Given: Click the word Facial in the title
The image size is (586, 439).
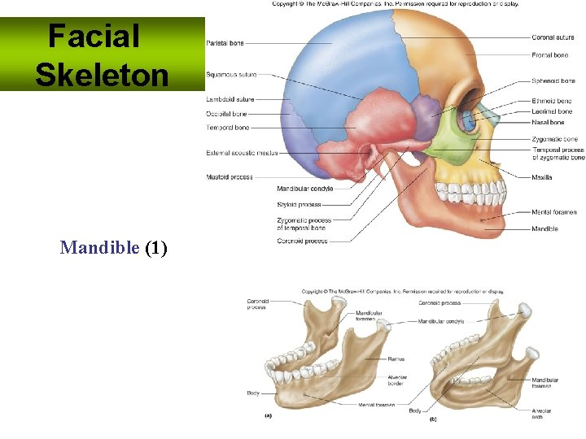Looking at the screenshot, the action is point(94,36).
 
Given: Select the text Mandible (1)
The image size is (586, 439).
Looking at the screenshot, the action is point(113,247).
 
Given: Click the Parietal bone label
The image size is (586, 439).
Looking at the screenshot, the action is point(225,43).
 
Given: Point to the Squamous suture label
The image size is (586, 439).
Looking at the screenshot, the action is point(231,75).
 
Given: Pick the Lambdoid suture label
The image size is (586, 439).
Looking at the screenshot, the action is point(230,100).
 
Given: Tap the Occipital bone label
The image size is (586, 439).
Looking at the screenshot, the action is point(226,114).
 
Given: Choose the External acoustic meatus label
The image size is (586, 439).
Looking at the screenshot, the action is point(242,153).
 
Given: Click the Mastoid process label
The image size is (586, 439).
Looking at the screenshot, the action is point(229,177).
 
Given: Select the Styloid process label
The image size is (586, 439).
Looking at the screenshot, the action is point(299,205).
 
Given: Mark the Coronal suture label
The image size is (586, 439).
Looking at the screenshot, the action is point(553,37).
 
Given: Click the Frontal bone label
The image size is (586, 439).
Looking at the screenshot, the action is point(550,55).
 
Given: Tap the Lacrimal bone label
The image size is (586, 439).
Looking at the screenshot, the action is point(552,111).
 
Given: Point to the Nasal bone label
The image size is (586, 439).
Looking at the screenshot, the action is point(548,123).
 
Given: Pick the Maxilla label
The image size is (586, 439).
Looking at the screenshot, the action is point(542,177).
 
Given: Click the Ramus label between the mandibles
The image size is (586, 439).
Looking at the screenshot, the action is point(397,359).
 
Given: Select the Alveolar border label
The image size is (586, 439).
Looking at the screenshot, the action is point(398,380).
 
